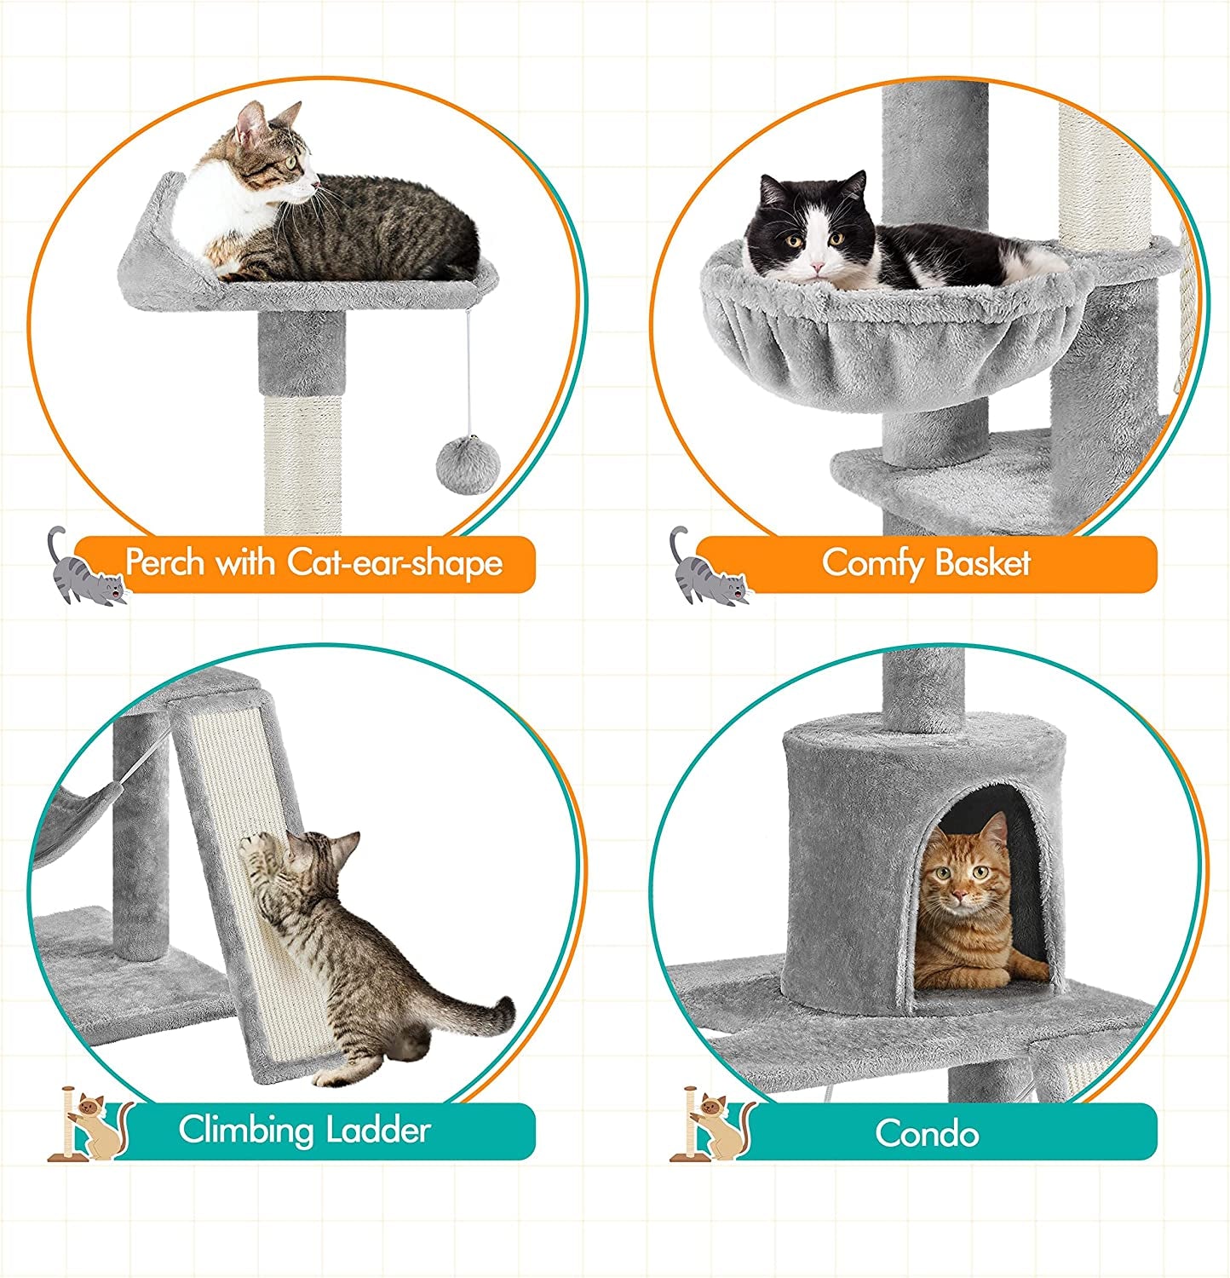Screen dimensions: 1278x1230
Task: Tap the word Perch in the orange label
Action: pyautogui.click(x=165, y=562)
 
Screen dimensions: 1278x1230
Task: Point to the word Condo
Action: pyautogui.click(x=927, y=1133)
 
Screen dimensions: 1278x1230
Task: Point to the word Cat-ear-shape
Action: pyautogui.click(x=394, y=562)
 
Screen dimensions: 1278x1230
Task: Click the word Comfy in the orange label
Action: pyautogui.click(x=872, y=564)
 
